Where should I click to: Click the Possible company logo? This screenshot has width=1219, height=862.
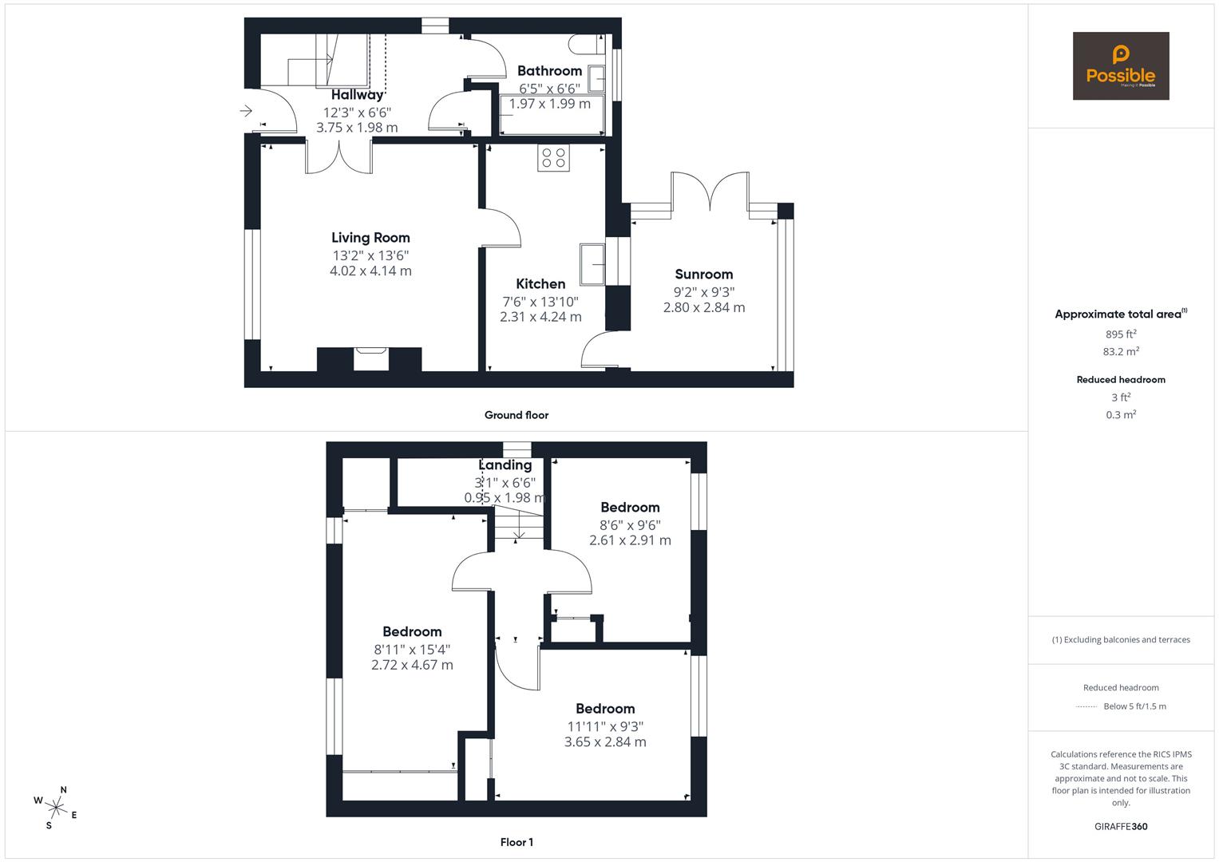tap(1120, 65)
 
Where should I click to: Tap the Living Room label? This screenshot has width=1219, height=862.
tap(370, 237)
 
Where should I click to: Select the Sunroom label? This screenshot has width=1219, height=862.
tap(703, 274)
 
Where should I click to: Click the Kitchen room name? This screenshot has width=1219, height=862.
tap(540, 283)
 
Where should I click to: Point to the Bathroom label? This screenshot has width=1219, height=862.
tap(549, 71)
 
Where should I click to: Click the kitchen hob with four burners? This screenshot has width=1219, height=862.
tap(554, 158)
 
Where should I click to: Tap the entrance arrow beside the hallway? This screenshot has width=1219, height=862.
tap(246, 111)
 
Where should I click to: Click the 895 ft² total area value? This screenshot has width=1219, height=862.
tap(1121, 334)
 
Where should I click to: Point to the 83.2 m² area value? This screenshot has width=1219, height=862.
tap(1121, 351)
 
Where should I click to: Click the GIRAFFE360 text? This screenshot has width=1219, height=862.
tap(1121, 826)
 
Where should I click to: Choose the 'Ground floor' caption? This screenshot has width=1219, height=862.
tap(516, 415)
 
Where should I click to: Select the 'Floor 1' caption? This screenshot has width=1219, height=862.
tap(516, 842)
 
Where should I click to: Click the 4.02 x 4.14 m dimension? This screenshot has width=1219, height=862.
tap(370, 271)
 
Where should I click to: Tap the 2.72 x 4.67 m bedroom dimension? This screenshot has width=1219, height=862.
tap(412, 665)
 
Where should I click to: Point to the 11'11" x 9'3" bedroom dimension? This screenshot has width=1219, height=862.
tap(605, 726)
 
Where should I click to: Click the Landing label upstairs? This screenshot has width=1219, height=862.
tap(505, 465)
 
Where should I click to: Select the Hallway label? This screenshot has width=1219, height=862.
tap(358, 95)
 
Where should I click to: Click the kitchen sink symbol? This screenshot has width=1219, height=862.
tap(593, 263)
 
